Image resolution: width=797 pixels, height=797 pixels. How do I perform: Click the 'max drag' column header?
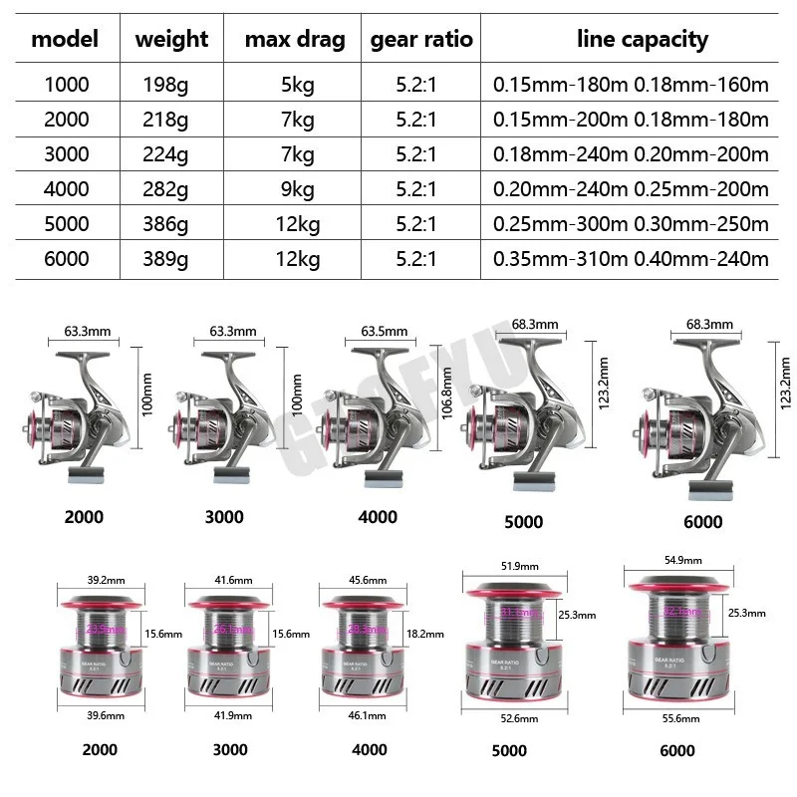coord(295,40)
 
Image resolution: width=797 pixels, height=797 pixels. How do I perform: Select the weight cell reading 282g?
coord(167,189)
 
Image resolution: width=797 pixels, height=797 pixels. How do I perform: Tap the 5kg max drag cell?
coord(297,85)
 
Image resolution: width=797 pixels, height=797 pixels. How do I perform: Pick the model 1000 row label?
coord(67,85)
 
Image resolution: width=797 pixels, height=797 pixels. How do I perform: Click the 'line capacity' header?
coord(643,40)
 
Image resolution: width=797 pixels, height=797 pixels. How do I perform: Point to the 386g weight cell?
coord(167,224)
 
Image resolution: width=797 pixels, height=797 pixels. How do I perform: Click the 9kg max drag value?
coord(297,189)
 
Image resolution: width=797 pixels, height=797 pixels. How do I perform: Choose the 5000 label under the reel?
coord(524,521)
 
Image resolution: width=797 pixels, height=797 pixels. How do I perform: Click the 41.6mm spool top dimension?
coord(232,578)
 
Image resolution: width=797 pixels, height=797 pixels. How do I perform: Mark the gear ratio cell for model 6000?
coord(417,259)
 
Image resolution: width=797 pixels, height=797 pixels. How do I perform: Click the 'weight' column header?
coord(171,40)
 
